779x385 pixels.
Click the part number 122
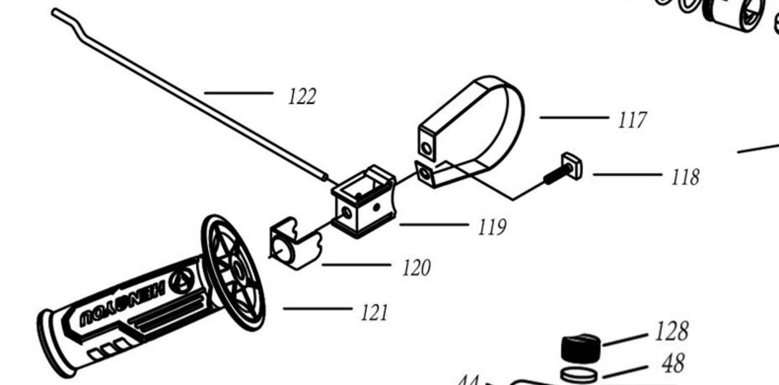pos(302,96)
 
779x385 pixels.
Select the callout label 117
pos(631,120)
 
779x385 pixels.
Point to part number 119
pos(492,227)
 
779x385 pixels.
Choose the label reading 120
pos(416,268)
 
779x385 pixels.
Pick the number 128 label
pos(671,331)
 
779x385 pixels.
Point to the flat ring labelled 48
pos(579,374)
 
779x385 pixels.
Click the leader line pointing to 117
pos(574,117)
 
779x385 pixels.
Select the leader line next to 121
pos(317,309)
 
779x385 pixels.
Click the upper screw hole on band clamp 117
pos(427,147)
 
